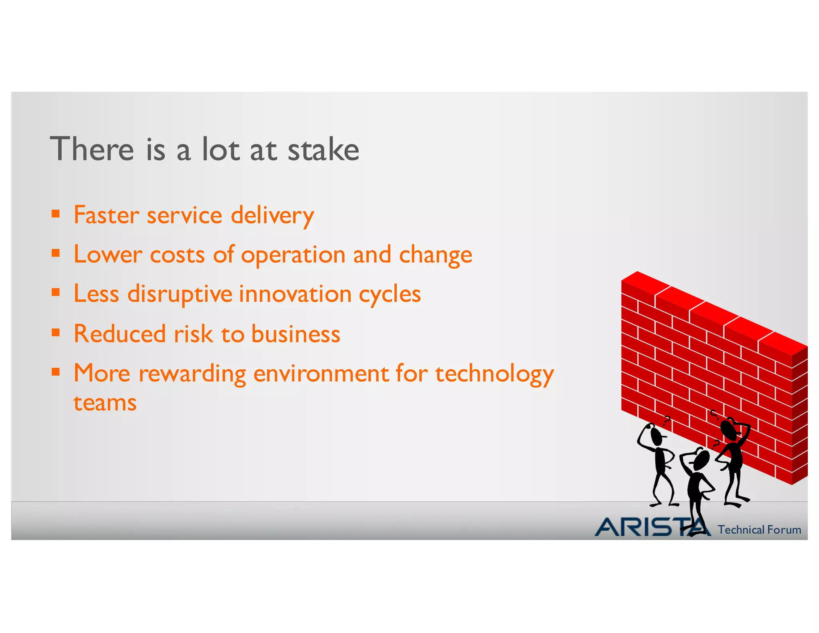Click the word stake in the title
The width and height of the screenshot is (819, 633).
[x=323, y=149]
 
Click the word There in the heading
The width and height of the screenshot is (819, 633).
[x=92, y=149]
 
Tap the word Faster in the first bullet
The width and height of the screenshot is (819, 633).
[x=106, y=215]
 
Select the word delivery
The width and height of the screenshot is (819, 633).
[x=272, y=216]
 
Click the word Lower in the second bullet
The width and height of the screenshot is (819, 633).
[x=108, y=255]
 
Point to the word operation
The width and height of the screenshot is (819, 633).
[x=293, y=256]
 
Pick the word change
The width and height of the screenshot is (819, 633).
[x=435, y=256]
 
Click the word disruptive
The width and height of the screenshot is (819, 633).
[x=180, y=294]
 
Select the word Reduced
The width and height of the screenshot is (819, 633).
[x=120, y=334]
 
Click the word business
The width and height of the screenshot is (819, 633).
[x=296, y=334]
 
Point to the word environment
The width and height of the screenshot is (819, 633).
[x=320, y=374]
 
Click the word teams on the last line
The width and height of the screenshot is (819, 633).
[x=105, y=403]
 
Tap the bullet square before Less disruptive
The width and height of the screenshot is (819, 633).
[x=56, y=292]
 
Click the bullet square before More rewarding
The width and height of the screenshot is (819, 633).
[x=56, y=372]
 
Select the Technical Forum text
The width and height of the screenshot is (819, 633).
[x=759, y=530]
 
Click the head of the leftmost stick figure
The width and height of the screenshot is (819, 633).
[x=656, y=436]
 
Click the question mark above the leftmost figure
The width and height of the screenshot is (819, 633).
[x=667, y=420]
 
